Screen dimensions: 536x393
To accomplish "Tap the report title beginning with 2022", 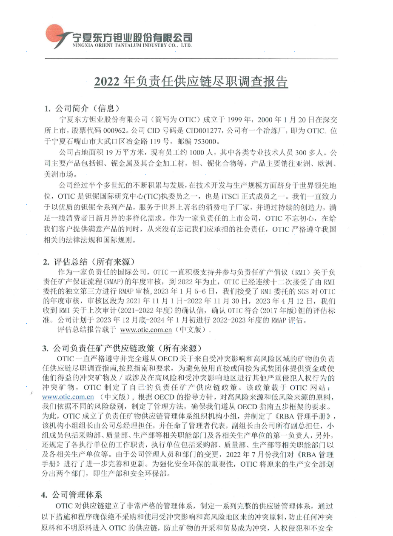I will pyautogui.click(x=191, y=81).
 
